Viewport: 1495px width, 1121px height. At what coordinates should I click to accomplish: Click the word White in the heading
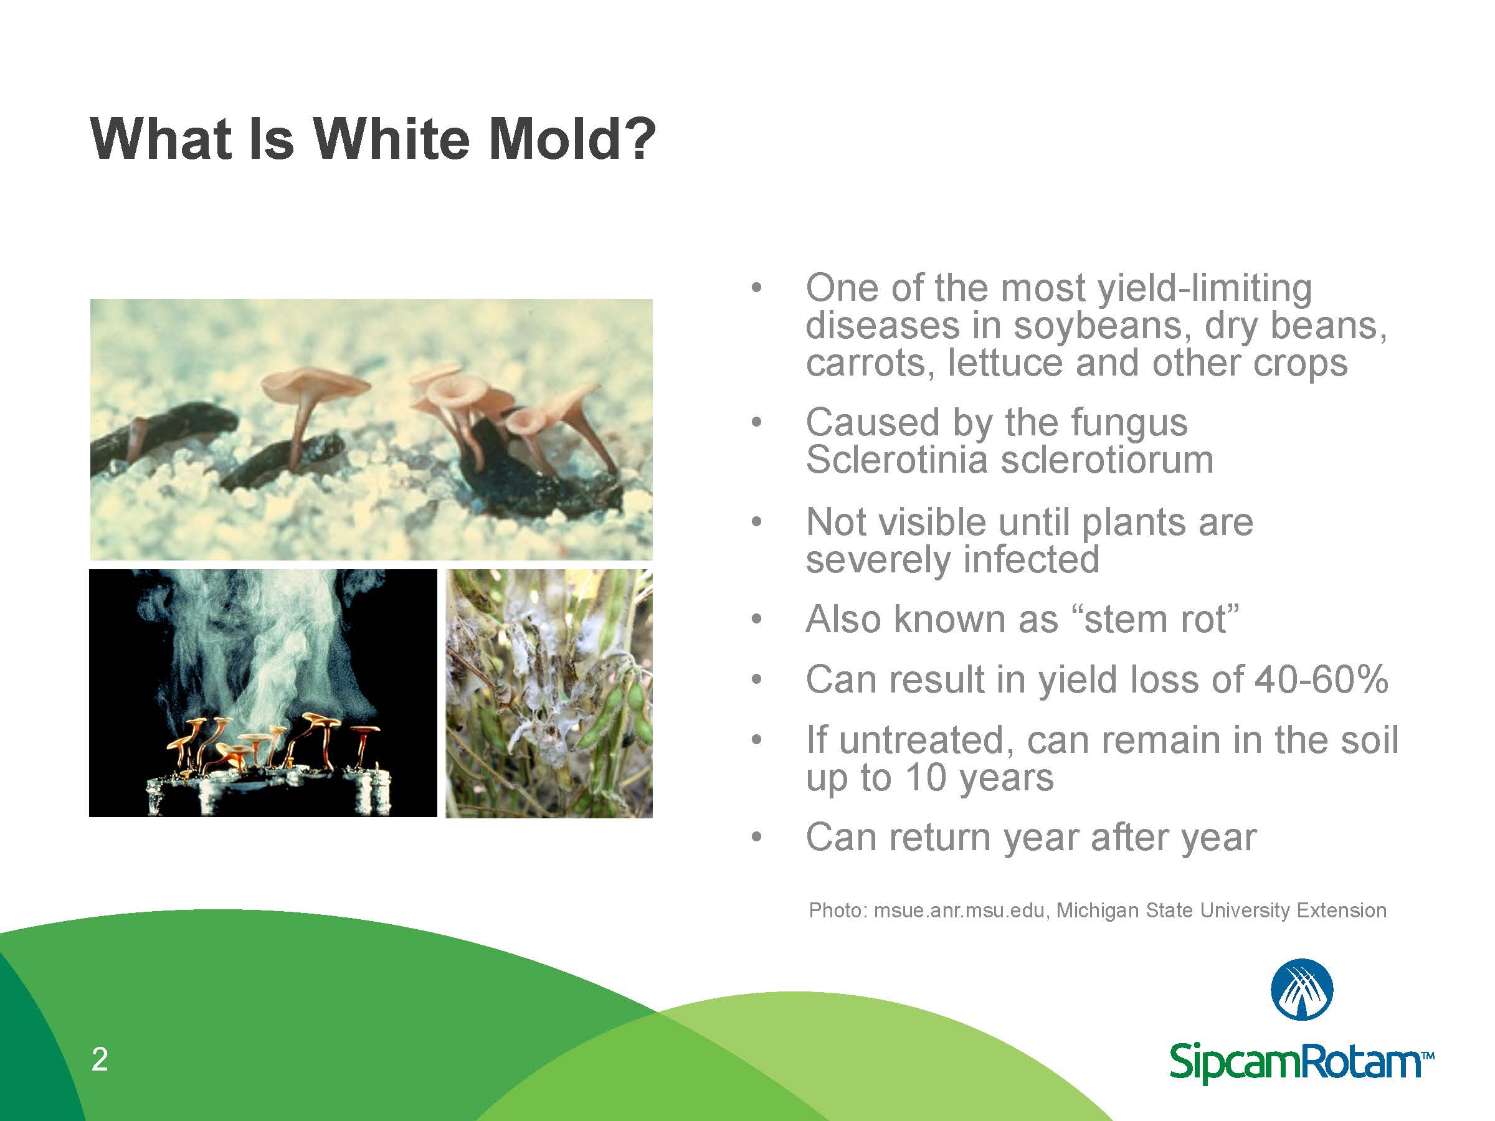tap(390, 140)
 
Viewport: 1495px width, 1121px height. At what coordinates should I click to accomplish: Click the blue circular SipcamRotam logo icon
tap(1301, 988)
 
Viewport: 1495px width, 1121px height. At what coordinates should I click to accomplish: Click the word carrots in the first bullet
tap(869, 364)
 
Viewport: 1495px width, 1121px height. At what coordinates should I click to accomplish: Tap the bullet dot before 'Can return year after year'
tap(756, 838)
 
